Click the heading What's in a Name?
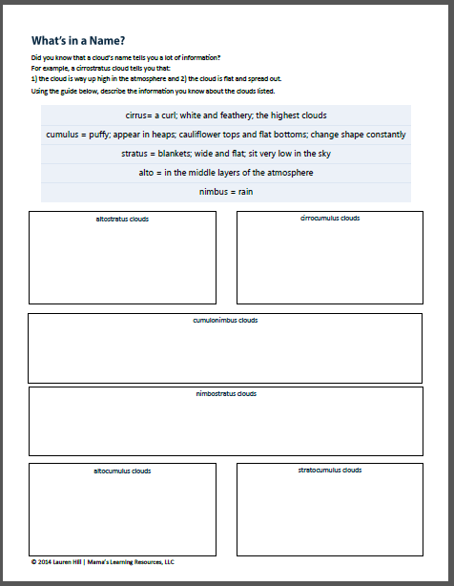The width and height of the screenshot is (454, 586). click(x=78, y=40)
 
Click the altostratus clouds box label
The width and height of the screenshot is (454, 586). click(x=121, y=219)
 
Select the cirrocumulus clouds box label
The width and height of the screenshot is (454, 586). click(x=330, y=218)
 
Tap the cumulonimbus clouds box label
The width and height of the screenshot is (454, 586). click(x=225, y=320)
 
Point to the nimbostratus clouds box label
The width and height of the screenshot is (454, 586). click(x=226, y=393)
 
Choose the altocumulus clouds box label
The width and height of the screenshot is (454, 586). click(x=121, y=471)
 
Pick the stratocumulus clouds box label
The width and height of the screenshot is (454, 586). click(x=330, y=470)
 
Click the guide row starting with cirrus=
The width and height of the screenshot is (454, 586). click(x=226, y=115)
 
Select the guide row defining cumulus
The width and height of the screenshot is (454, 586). click(x=226, y=135)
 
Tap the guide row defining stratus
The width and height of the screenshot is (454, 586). click(x=226, y=154)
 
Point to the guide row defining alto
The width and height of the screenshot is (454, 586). click(x=226, y=173)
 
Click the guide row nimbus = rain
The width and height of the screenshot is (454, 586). click(x=226, y=192)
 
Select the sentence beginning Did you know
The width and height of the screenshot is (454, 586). click(x=124, y=59)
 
